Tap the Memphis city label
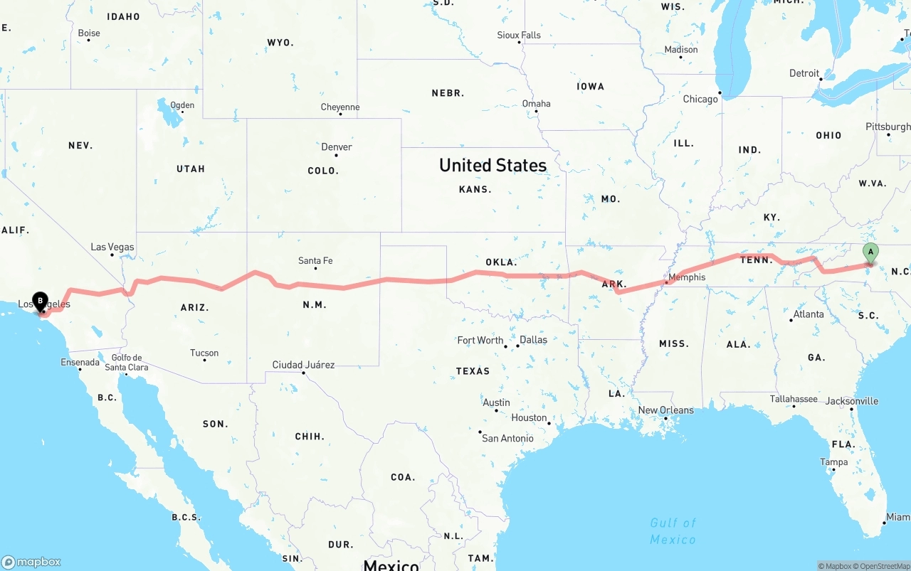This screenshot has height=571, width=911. [x=687, y=277]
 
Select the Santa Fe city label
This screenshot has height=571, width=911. [x=315, y=261]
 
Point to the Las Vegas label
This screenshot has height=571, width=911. [x=112, y=247]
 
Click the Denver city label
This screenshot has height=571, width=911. [x=337, y=147]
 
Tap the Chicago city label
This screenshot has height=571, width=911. [x=700, y=99]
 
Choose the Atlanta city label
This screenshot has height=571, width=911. [x=809, y=314]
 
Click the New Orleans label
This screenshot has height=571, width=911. [x=665, y=410]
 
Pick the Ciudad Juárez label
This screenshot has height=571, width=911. [x=303, y=365]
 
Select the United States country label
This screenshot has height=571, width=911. [x=493, y=165]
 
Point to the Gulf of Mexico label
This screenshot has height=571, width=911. [x=673, y=531]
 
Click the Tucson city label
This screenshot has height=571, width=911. [x=204, y=353]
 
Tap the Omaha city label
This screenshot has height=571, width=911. [x=536, y=104]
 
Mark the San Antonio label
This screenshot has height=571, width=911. [x=507, y=439]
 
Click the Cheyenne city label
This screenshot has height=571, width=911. [x=340, y=107]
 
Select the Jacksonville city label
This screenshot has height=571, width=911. [x=852, y=402]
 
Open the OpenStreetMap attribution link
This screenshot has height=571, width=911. [x=885, y=566]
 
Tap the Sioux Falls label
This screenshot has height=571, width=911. [x=519, y=36]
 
